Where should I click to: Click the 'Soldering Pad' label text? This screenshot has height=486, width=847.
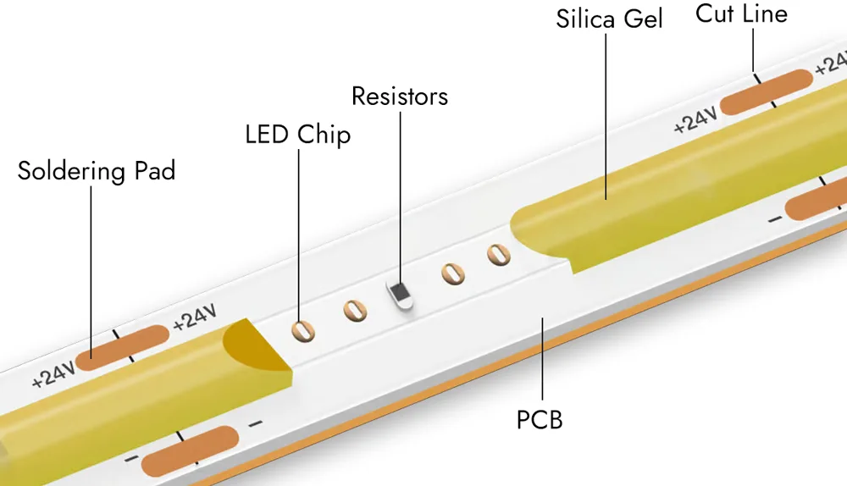tap(96, 171)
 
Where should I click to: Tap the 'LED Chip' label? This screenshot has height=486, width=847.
tap(297, 135)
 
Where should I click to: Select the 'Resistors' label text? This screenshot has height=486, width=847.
tap(400, 97)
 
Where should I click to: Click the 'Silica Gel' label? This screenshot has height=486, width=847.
tap(609, 19)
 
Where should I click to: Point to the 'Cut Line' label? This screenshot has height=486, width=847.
tap(741, 14)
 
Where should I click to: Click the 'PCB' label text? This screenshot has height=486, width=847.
tap(540, 419)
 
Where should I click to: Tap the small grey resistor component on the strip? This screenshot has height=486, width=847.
tap(400, 293)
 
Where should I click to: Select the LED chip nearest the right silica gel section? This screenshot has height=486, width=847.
tap(497, 254)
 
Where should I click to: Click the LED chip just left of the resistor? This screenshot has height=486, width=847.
tap(355, 312)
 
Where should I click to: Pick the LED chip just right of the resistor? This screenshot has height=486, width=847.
tap(453, 273)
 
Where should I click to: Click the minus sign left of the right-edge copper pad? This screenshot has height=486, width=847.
tap(774, 220)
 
